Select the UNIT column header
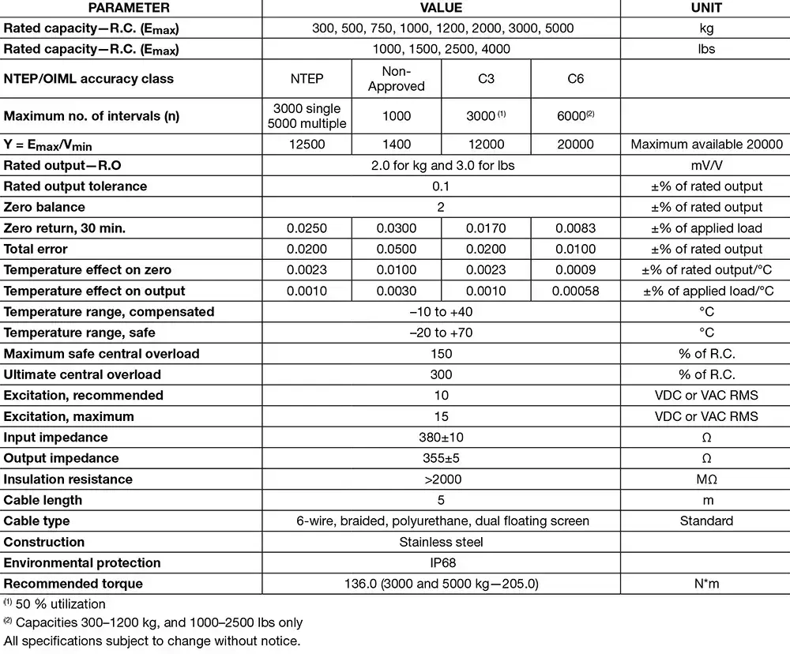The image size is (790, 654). [705, 8]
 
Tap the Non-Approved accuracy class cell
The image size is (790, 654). [397, 79]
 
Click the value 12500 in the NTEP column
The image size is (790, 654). [307, 145]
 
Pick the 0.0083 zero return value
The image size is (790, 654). [576, 228]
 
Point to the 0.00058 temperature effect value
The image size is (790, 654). [576, 291]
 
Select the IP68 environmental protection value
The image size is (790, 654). [441, 563]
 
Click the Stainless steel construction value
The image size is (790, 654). [441, 542]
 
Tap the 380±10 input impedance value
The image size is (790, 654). [441, 438]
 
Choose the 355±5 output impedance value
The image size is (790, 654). [441, 458]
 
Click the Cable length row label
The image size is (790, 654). [43, 500]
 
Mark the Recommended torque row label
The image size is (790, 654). [73, 584]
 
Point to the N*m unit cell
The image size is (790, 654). [706, 584]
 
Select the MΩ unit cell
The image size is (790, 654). [706, 479]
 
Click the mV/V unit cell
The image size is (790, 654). [706, 165]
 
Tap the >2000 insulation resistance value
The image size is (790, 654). [441, 479]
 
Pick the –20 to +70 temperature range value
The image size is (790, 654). [441, 333]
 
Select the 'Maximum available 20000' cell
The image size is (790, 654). [706, 145]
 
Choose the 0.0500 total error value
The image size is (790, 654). [397, 249]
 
